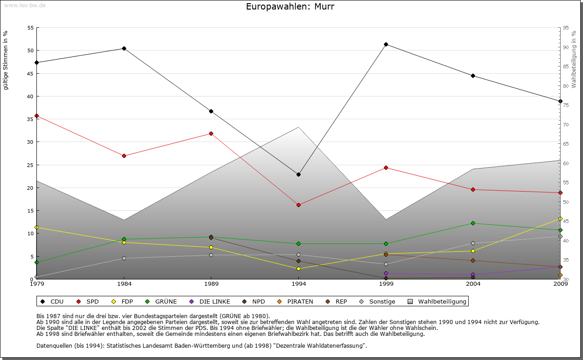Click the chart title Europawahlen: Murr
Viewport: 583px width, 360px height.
290,7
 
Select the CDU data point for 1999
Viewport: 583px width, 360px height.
386,44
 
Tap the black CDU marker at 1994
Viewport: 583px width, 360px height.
298,174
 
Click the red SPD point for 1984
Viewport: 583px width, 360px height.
124,156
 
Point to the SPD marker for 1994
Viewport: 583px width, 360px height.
298,205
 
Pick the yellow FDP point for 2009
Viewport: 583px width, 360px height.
560,218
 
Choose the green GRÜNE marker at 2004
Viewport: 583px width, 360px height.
473,223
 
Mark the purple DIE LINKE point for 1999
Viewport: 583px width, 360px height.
386,273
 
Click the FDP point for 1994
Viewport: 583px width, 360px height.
298,269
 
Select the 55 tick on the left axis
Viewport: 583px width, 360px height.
31,28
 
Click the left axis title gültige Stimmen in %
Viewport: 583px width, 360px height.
6,60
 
